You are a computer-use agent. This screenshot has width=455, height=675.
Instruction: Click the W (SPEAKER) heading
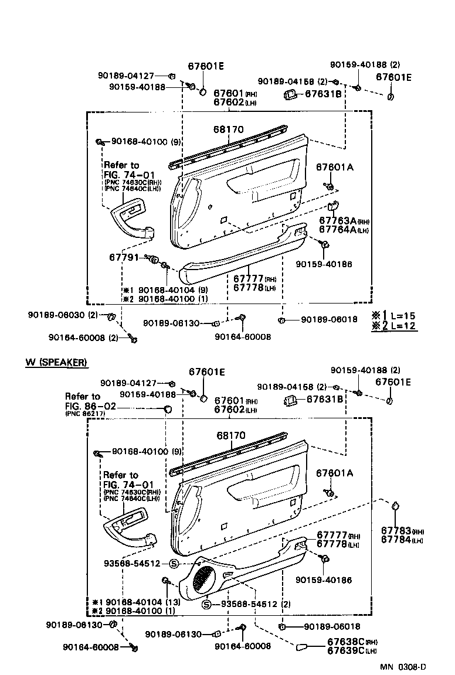(56, 362)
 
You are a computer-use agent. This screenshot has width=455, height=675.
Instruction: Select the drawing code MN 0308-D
(402, 667)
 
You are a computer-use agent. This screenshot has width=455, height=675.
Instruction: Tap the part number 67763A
(337, 221)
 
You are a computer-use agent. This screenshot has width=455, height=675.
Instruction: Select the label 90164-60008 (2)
(83, 337)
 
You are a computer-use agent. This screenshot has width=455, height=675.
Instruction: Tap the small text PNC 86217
(85, 414)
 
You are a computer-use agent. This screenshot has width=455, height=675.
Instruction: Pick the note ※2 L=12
(394, 326)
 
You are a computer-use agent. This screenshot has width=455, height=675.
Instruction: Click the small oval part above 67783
(396, 506)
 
